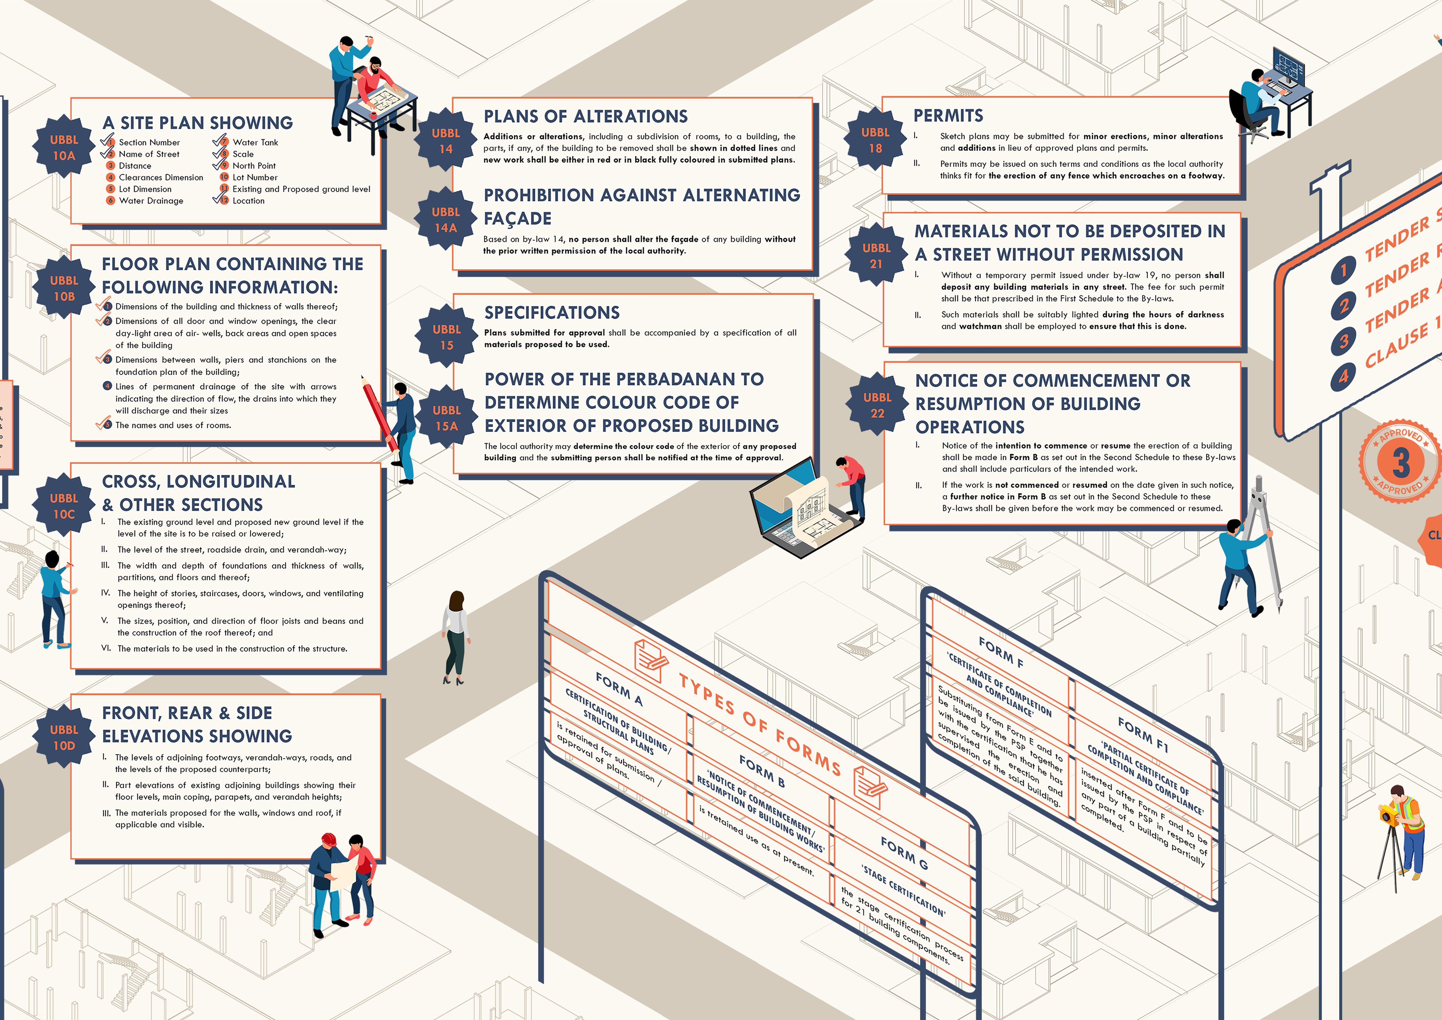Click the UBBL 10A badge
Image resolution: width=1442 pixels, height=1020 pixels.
pyautogui.click(x=64, y=148)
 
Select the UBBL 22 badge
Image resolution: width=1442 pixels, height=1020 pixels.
pyautogui.click(x=878, y=405)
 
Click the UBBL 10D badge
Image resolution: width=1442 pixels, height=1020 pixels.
pyautogui.click(x=64, y=737)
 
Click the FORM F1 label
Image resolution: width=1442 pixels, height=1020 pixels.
pyautogui.click(x=1143, y=735)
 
